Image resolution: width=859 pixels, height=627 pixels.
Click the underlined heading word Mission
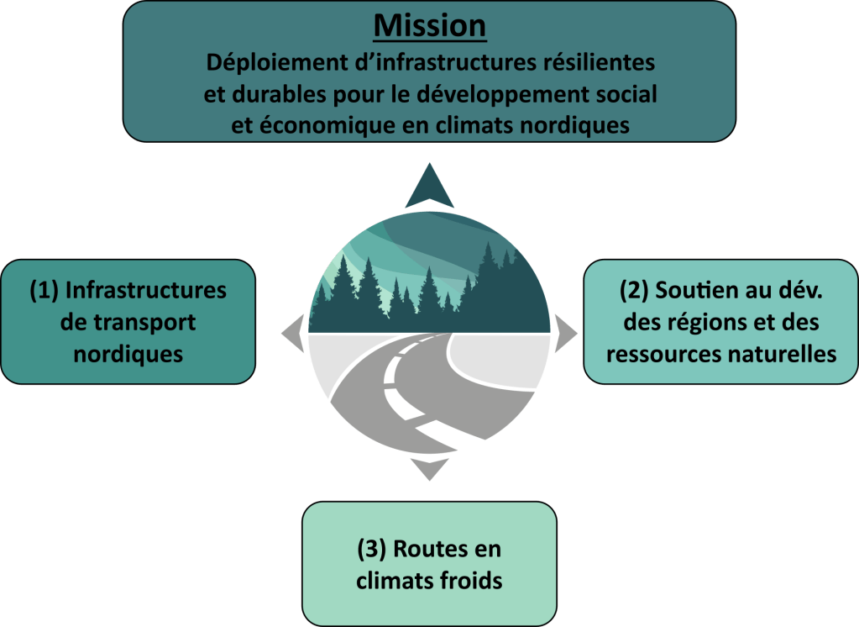[x=429, y=25]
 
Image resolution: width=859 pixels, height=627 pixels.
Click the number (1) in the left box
[x=44, y=291]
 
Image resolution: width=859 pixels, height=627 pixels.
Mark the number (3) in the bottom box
[x=371, y=549]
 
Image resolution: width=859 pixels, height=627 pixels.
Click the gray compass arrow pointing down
[x=430, y=468]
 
